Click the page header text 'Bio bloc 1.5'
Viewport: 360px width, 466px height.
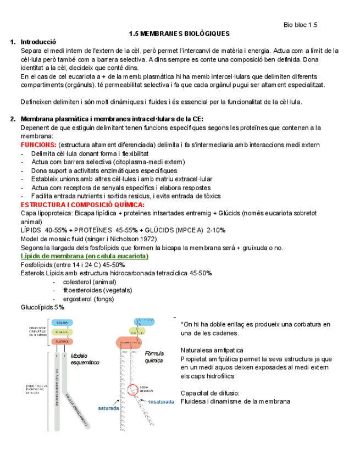pyautogui.click(x=300, y=25)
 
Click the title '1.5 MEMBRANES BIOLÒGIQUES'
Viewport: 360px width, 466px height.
pyautogui.click(x=179, y=34)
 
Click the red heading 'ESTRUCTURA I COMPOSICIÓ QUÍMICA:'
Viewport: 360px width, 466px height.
pyautogui.click(x=74, y=204)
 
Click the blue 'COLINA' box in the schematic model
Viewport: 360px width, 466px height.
pyautogui.click(x=62, y=323)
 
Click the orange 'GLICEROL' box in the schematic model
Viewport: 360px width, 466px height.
pyautogui.click(x=62, y=341)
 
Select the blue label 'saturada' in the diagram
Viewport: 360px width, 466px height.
pyautogui.click(x=109, y=409)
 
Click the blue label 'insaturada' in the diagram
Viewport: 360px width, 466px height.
pyautogui.click(x=162, y=402)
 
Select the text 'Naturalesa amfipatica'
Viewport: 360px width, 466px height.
pyautogui.click(x=212, y=349)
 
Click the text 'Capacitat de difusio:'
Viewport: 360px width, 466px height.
pyautogui.click(x=209, y=393)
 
